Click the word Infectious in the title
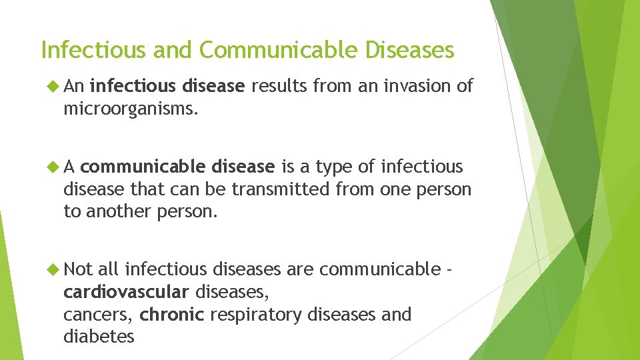click(83, 50)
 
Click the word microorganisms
click(131, 109)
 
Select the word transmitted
click(280, 189)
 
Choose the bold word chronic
click(171, 314)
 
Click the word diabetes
click(99, 337)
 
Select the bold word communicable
click(177, 166)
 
